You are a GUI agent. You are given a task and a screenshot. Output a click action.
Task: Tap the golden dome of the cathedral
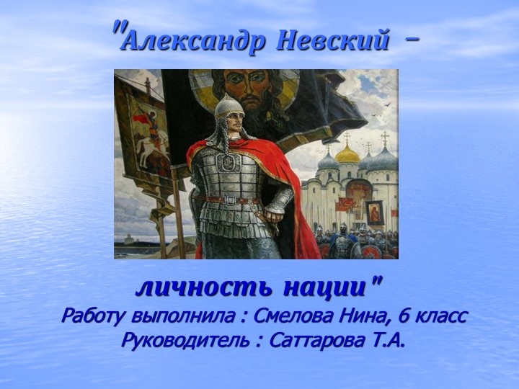[347, 153]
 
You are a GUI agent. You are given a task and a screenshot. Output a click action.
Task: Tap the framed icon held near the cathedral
[375, 212]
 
